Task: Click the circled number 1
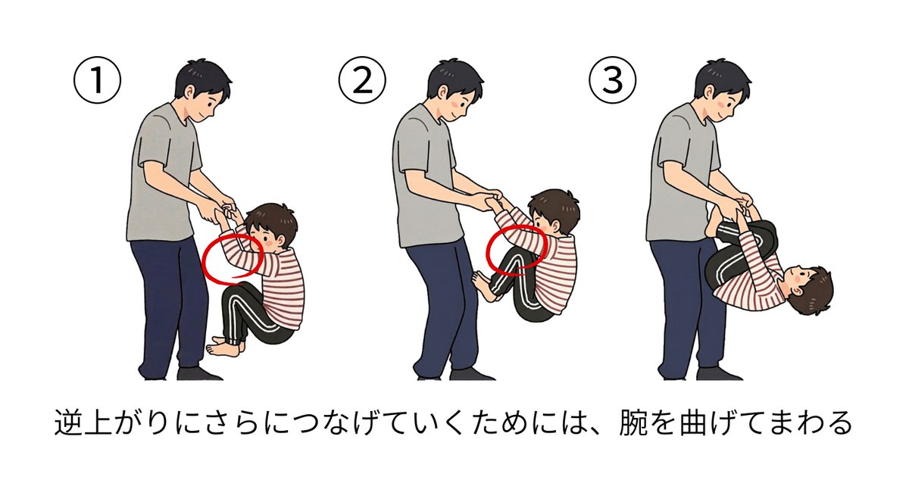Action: (97, 80)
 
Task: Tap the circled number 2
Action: (362, 80)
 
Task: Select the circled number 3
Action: (613, 80)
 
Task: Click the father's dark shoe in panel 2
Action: (470, 374)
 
